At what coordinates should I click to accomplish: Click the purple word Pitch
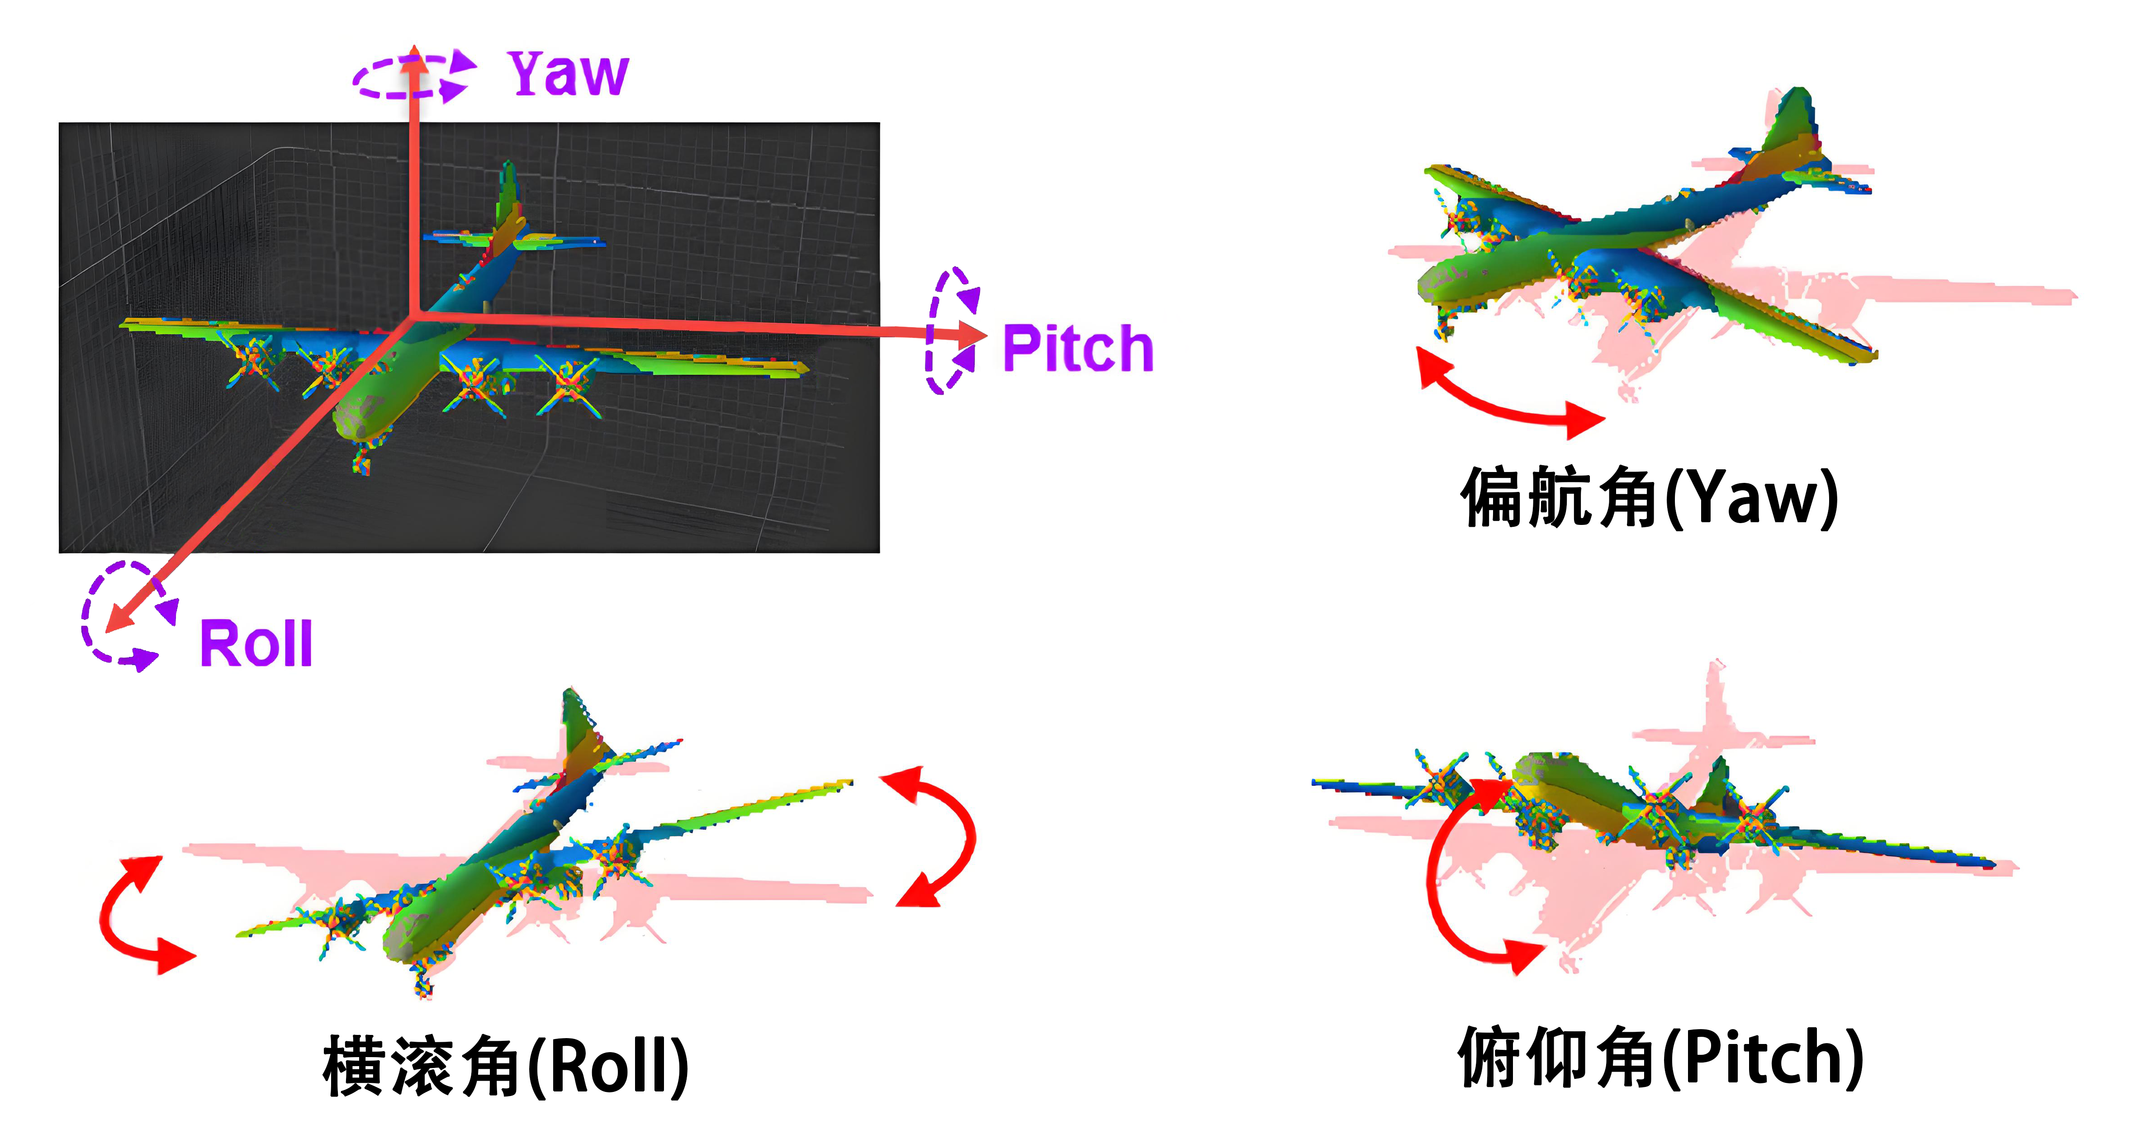point(1077,348)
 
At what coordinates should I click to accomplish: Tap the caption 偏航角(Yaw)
point(1649,497)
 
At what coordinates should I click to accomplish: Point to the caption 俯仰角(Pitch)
point(1660,1058)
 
